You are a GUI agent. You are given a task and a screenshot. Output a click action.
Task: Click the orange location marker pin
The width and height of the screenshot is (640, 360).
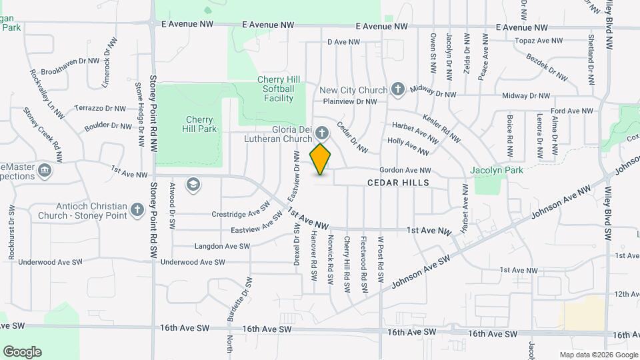click(x=321, y=159)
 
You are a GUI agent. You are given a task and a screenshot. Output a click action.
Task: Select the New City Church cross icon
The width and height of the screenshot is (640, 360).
click(x=398, y=89)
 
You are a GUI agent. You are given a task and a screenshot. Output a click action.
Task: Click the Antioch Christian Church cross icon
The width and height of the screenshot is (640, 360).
click(x=137, y=210)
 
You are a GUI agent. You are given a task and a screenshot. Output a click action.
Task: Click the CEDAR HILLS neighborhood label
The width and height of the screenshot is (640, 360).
click(x=397, y=182)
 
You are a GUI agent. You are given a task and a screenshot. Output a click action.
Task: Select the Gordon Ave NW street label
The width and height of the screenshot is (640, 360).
click(x=405, y=171)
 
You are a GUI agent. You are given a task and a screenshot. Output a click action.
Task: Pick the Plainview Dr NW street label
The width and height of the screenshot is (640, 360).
click(x=350, y=102)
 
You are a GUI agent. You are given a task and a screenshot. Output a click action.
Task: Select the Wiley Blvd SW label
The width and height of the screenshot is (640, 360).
click(x=608, y=217)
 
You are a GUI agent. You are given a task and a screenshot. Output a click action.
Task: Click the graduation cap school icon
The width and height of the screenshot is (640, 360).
click(x=193, y=184)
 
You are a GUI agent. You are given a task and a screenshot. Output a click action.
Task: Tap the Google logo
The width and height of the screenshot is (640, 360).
click(x=22, y=351)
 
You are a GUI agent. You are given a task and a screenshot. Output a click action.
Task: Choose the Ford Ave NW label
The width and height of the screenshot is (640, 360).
click(x=572, y=111)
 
